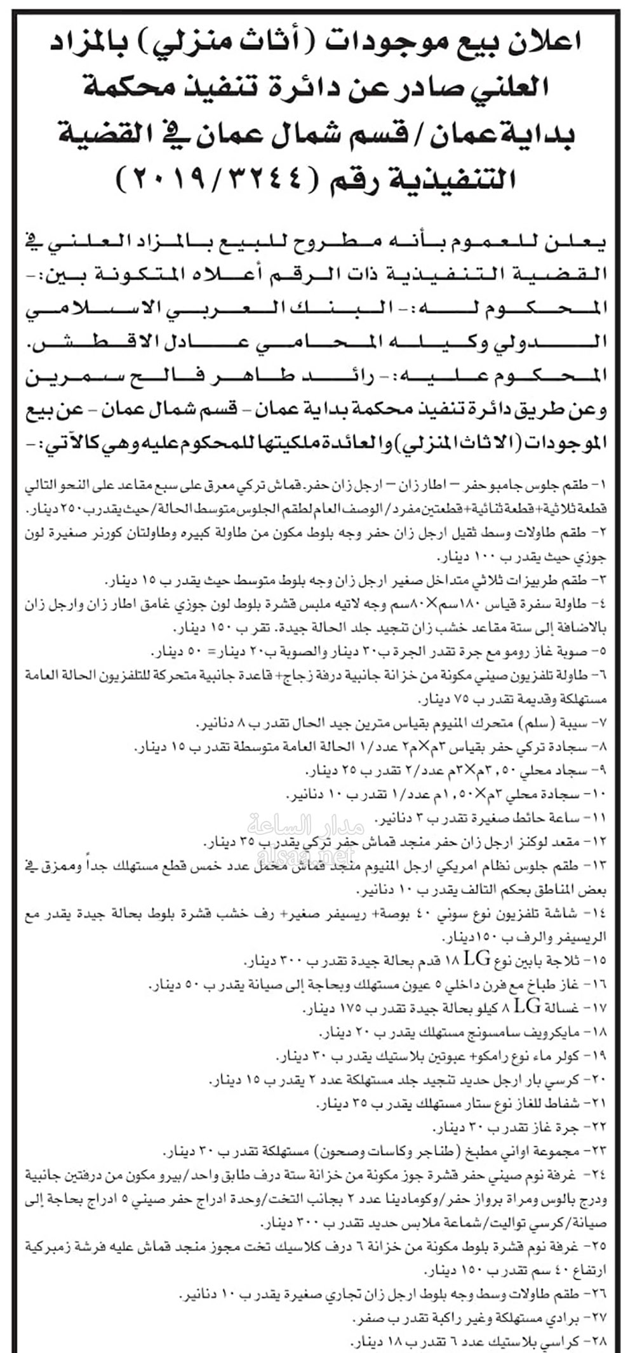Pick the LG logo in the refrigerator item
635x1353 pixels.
click(478, 959)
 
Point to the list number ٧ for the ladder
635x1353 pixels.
click(600, 724)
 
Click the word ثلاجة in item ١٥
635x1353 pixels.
click(569, 960)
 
